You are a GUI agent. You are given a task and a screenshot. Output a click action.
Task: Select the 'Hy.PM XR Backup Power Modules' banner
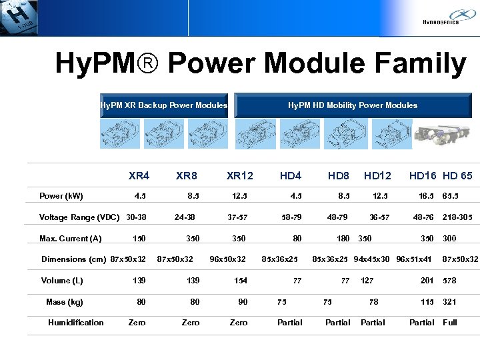point(163,105)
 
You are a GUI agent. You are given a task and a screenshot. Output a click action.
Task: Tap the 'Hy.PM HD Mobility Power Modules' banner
point(352,105)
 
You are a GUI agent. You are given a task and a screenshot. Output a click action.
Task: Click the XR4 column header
point(139,176)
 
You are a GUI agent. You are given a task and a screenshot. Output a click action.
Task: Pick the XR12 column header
point(240,176)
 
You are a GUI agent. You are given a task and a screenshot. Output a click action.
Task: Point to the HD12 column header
point(377,176)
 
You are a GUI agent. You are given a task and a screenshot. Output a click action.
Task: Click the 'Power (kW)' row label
point(61,196)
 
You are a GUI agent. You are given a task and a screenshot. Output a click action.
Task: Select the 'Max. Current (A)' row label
point(71,239)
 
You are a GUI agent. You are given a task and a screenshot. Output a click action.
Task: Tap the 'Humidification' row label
point(76,323)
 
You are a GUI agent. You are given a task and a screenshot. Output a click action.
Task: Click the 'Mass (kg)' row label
point(65,302)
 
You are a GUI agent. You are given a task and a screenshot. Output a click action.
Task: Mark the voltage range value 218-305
point(458,217)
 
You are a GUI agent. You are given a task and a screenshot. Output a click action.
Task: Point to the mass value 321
point(450,302)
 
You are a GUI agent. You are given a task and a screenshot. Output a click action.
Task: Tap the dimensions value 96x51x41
point(415,259)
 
